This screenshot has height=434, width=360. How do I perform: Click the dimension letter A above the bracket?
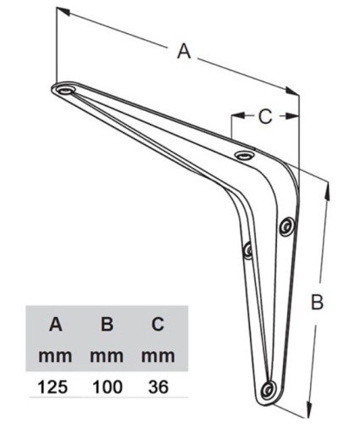click(184, 52)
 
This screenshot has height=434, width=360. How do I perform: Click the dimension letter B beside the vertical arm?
click(317, 302)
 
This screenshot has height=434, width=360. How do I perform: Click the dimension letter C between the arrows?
click(265, 116)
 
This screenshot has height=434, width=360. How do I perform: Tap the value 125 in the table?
click(53, 387)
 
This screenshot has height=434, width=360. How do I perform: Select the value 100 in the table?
click(108, 387)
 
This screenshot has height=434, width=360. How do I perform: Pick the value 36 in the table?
click(158, 387)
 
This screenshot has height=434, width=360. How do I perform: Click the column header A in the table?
click(55, 324)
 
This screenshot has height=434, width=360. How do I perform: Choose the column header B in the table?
click(108, 324)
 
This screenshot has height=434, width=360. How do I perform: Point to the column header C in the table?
click(158, 324)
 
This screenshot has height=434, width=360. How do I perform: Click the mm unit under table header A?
click(55, 356)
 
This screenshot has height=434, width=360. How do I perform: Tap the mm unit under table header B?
click(107, 356)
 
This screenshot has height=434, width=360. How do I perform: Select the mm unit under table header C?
click(158, 356)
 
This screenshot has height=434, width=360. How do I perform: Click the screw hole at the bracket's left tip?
click(65, 91)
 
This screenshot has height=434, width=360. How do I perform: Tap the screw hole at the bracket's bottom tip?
click(268, 390)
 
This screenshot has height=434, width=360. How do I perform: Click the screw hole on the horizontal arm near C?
click(245, 155)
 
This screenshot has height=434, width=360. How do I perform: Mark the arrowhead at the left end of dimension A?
click(64, 11)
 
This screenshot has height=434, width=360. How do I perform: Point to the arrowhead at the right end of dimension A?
click(291, 91)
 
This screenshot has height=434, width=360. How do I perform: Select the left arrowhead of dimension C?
click(238, 115)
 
